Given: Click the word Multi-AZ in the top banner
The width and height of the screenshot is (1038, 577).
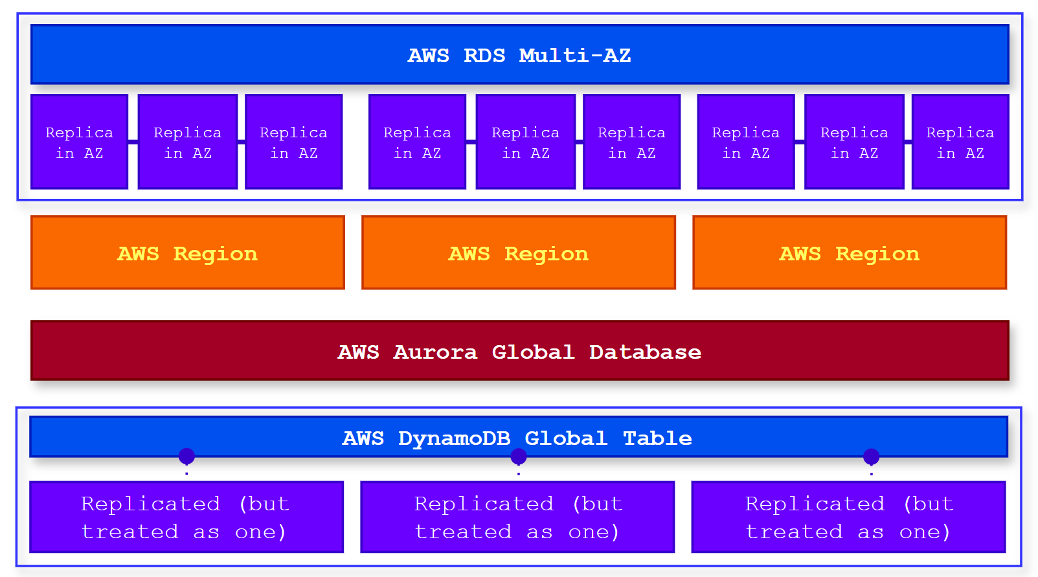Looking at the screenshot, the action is [x=574, y=56].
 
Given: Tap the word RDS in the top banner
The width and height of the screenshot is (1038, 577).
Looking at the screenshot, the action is [x=484, y=56].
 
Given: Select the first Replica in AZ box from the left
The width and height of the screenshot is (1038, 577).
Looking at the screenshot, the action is [x=79, y=142].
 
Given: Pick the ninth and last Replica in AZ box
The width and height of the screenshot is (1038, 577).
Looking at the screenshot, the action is [x=960, y=142].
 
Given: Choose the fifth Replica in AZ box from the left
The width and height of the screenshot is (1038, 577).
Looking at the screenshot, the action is [x=526, y=142].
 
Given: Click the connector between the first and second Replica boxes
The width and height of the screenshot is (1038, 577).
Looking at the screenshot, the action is [x=133, y=141].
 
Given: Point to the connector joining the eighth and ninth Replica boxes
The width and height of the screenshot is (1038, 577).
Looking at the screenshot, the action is [x=908, y=141].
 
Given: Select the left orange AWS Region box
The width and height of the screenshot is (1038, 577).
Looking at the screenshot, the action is [x=188, y=253].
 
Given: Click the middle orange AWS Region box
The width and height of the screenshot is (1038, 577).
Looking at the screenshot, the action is [x=519, y=253].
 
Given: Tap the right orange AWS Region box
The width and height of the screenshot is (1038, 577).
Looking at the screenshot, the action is [x=850, y=253].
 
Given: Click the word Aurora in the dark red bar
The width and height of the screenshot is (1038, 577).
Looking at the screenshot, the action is [x=435, y=352].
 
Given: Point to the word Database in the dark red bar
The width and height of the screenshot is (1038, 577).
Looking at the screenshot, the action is [x=645, y=352].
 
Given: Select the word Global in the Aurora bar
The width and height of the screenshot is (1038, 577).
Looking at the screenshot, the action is [x=533, y=352].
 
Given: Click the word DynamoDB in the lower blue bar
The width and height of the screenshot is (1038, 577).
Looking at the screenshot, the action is [x=454, y=438].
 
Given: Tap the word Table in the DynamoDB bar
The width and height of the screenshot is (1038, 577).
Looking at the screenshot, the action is [x=657, y=438].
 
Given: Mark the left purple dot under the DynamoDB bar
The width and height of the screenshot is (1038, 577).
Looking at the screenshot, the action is [x=186, y=457].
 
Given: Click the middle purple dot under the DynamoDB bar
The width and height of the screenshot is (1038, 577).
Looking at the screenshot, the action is [x=519, y=457].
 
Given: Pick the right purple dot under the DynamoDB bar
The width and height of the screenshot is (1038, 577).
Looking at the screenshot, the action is [x=871, y=457].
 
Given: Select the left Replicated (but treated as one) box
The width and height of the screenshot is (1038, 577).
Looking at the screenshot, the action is [x=186, y=517].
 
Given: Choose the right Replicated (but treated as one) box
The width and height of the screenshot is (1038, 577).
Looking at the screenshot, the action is [x=848, y=517].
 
